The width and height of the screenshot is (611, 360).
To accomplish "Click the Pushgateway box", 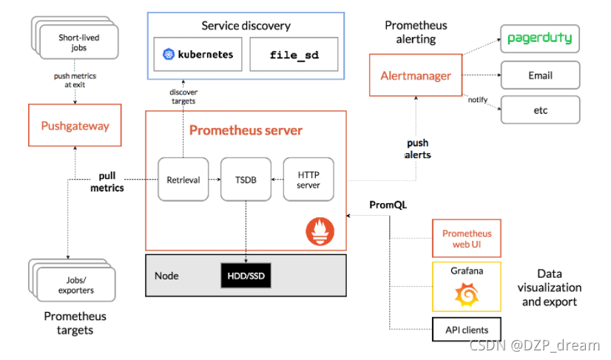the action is tap(75, 125).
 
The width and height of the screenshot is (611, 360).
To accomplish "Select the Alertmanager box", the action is tap(416, 75).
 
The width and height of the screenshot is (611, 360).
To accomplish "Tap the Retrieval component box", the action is tap(183, 179).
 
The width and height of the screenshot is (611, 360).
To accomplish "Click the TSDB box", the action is tap(246, 179).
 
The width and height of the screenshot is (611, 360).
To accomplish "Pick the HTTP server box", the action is tap(308, 179).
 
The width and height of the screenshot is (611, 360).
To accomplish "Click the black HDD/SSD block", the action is tap(246, 276).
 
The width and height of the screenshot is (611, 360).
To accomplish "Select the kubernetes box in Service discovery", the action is tap(198, 54).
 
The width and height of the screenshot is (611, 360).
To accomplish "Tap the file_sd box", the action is tap(294, 54).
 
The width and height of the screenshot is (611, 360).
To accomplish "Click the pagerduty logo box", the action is tap(540, 38).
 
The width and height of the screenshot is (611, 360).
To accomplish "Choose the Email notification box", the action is tap(541, 75).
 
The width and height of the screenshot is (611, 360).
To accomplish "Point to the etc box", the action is tap(541, 110).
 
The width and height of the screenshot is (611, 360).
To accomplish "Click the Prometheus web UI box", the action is tap(467, 239).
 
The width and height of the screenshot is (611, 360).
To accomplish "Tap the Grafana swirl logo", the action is tap(467, 294).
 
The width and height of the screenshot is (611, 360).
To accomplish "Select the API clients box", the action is tap(467, 330).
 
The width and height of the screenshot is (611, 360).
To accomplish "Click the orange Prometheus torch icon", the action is tap(320, 231).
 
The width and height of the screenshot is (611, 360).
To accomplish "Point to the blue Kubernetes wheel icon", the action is tap(169, 54).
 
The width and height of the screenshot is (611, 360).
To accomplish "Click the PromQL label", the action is tap(388, 205).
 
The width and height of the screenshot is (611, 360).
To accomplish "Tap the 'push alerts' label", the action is tap(418, 149).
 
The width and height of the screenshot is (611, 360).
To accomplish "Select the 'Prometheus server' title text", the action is tap(246, 130).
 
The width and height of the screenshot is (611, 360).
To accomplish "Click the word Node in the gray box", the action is tap(166, 276).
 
